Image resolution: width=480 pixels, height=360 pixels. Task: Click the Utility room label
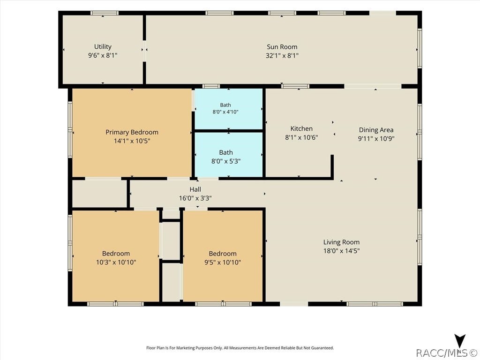coord(103,47)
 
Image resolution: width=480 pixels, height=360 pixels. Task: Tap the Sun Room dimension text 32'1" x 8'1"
coord(282,55)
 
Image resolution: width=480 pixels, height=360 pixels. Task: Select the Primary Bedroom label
coord(132,132)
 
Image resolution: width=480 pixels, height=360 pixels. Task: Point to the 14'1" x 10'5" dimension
coord(132,141)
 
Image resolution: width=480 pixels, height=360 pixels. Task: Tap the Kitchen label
coord(301,128)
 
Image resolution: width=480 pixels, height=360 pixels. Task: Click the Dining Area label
coord(376,130)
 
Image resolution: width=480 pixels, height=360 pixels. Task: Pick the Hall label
coord(195,189)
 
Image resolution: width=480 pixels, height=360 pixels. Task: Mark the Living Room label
coord(341,242)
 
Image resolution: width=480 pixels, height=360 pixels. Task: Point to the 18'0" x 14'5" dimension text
coord(341,251)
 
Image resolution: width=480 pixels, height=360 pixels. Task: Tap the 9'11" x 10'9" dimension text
coord(376,138)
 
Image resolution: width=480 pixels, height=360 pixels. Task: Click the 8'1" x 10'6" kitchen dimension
coord(301,137)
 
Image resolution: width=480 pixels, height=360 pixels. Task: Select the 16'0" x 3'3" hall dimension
coord(195,198)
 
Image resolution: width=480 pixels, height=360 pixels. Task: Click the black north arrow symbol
coord(460,341)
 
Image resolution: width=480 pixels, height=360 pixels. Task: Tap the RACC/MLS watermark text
coord(447,353)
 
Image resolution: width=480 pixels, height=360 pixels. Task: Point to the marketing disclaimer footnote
coord(240,348)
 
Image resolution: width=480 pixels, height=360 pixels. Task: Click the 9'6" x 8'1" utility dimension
coord(103,55)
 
